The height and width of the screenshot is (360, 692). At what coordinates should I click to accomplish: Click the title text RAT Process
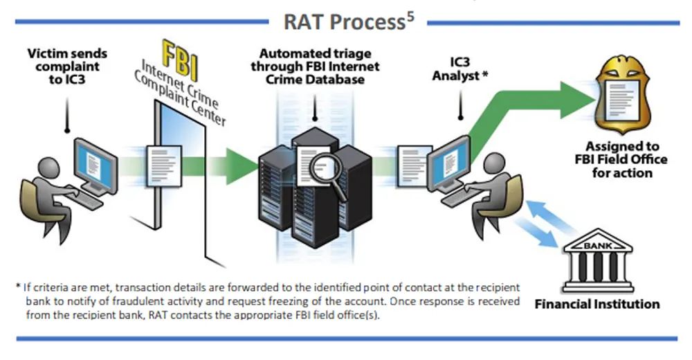tap(343, 22)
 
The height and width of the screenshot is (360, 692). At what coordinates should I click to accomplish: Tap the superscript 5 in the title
tap(410, 15)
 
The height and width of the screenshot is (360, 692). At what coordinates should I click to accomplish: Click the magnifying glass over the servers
tap(324, 170)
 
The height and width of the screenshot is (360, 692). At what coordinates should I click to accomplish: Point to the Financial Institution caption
tap(597, 303)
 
